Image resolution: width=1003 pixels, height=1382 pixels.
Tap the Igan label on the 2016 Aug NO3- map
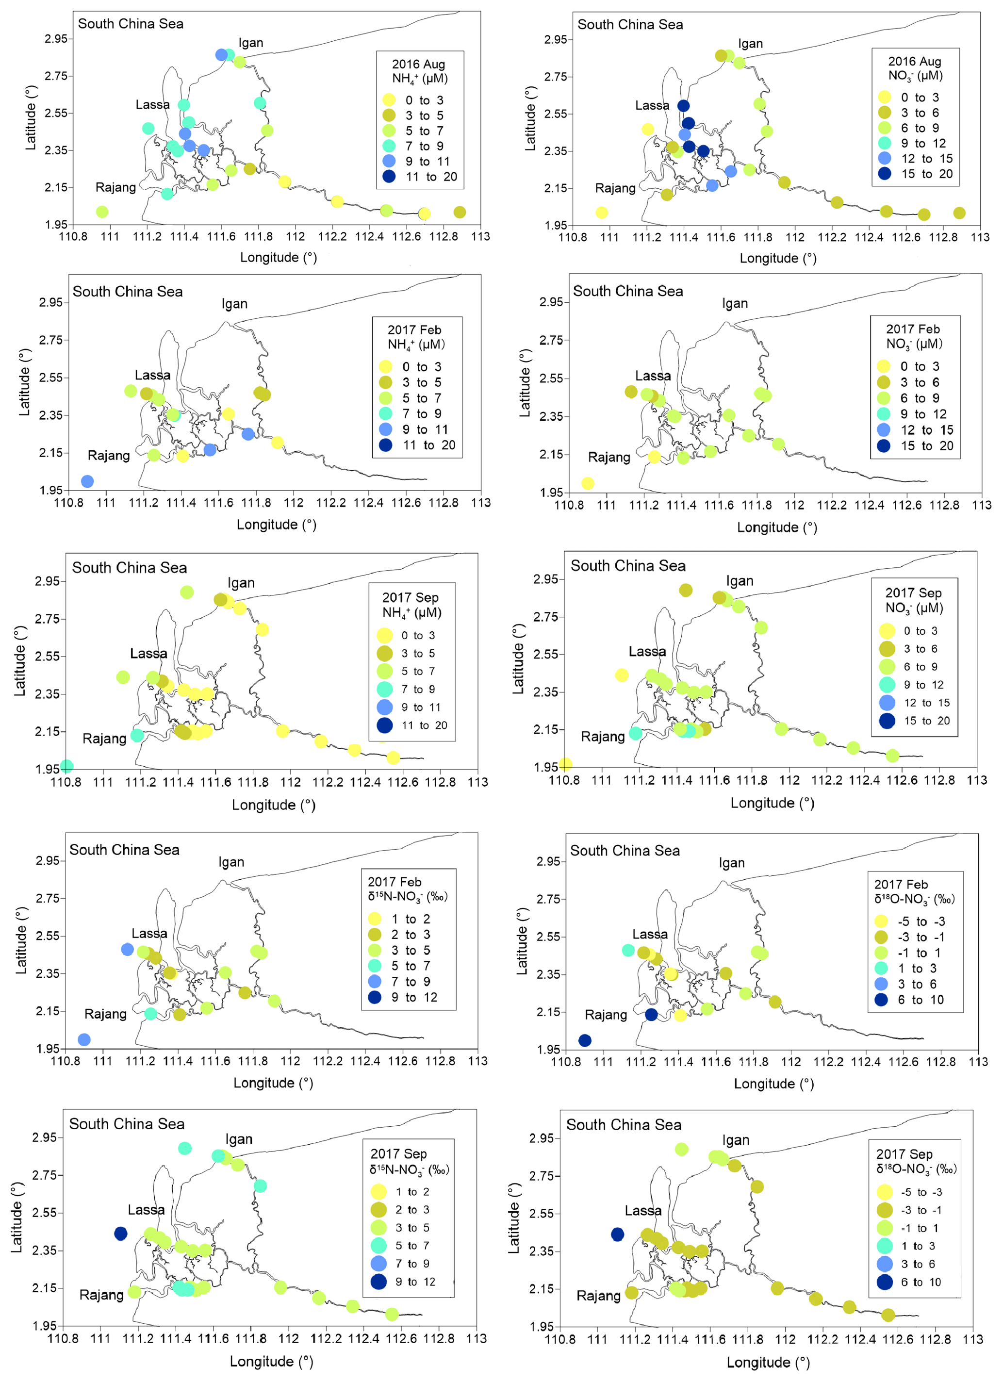tap(750, 44)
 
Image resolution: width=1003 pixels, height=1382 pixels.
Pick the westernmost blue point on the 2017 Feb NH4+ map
tap(87, 481)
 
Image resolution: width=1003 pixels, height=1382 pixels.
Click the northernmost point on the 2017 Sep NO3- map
tap(686, 590)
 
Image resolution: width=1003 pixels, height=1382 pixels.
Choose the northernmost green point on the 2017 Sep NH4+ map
tap(187, 592)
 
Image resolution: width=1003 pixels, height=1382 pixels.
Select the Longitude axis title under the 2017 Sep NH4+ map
tap(274, 805)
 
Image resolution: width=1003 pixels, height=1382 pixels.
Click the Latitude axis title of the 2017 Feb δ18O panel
tap(522, 941)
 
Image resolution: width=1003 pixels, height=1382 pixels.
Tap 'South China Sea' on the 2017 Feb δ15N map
tap(124, 849)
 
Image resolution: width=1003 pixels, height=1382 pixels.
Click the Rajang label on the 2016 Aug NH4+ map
tap(116, 188)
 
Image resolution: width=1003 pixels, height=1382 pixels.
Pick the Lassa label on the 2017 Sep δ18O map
tap(643, 1211)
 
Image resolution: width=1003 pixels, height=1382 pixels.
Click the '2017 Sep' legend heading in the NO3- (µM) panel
tap(913, 593)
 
